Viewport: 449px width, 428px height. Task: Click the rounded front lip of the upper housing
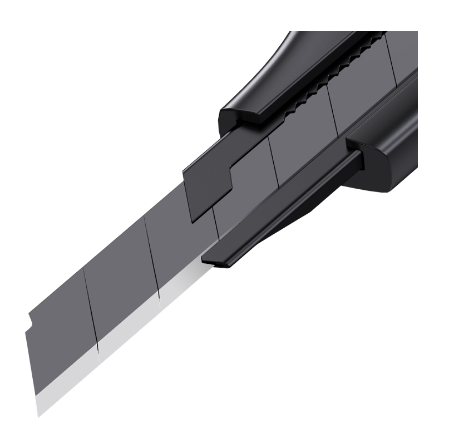tap(245, 117)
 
